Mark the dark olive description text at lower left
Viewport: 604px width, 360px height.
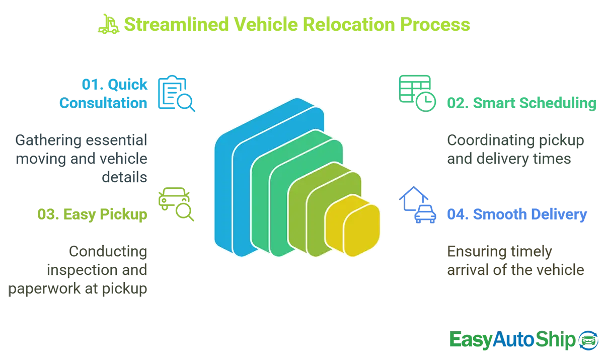coord(81,269)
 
